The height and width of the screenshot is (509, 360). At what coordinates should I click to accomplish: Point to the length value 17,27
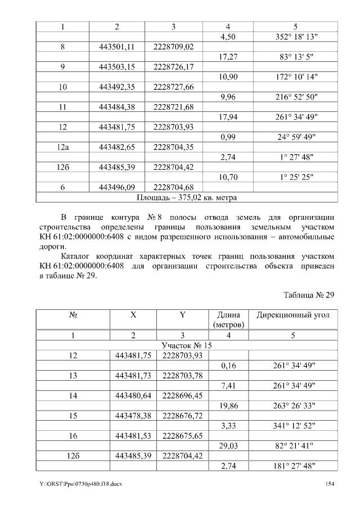(228, 57)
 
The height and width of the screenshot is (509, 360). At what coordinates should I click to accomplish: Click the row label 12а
(63, 147)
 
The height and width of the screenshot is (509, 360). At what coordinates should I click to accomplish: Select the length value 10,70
(228, 177)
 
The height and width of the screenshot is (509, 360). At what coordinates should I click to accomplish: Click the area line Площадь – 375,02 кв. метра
(187, 197)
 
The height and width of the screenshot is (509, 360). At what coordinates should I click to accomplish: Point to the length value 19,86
(228, 406)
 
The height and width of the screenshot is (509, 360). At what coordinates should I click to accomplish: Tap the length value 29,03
(228, 445)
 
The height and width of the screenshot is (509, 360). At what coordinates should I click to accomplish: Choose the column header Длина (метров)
(228, 320)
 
